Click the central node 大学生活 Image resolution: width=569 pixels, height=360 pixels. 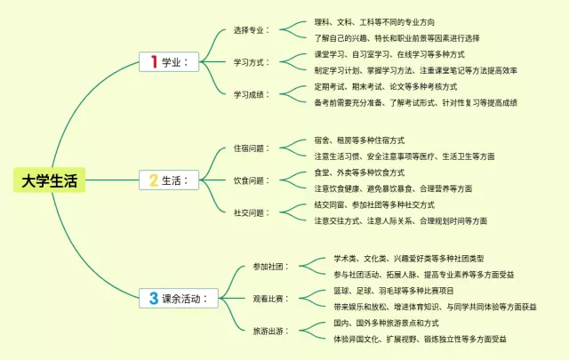51,181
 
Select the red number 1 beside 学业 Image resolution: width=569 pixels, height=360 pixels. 154,61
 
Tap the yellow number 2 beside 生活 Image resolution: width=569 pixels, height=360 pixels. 154,180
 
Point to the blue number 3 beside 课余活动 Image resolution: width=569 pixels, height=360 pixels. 154,299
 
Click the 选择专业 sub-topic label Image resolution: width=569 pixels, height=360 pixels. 251,29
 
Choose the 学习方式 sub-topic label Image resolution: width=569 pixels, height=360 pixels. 251,62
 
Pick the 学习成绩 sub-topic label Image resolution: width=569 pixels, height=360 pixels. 251,94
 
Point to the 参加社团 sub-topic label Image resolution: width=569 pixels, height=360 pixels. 268,266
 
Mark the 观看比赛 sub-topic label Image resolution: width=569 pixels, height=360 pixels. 268,299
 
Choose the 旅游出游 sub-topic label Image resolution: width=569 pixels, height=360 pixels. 268,331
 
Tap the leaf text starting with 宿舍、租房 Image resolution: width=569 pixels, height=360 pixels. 359,140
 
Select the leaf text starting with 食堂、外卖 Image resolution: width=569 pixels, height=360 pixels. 359,172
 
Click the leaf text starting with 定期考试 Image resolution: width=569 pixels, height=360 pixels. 386,86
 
